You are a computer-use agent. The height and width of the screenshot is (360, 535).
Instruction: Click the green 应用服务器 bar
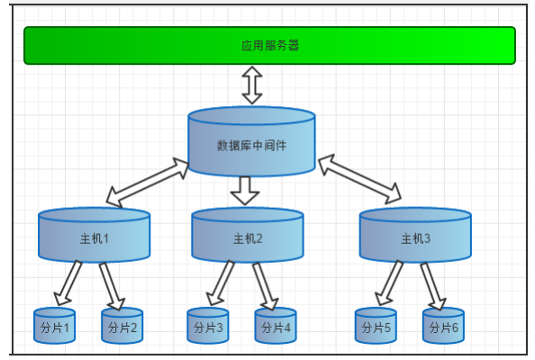click(x=269, y=45)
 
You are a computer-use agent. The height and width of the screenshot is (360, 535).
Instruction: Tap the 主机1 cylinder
click(x=94, y=237)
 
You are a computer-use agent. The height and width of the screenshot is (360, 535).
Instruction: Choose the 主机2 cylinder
click(x=247, y=237)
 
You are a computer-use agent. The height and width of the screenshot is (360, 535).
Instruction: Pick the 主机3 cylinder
click(x=415, y=237)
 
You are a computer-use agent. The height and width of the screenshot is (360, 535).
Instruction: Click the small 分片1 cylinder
click(x=54, y=327)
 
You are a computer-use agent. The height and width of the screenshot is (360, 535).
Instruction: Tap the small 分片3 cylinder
click(x=208, y=327)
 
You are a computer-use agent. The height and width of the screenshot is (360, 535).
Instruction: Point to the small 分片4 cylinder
click(x=276, y=327)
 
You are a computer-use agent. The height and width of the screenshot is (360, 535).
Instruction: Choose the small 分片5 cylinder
click(x=376, y=327)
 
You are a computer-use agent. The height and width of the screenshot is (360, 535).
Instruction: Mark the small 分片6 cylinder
click(x=443, y=327)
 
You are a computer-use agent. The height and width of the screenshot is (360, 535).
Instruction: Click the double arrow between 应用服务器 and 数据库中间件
click(x=251, y=85)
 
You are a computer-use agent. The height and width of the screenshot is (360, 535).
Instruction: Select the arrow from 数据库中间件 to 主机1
click(x=148, y=182)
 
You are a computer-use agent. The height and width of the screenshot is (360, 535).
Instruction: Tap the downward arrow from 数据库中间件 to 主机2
click(x=244, y=190)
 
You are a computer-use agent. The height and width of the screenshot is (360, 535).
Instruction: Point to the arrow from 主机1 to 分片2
click(x=112, y=285)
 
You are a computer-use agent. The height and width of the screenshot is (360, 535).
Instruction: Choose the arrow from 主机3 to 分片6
click(x=432, y=285)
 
